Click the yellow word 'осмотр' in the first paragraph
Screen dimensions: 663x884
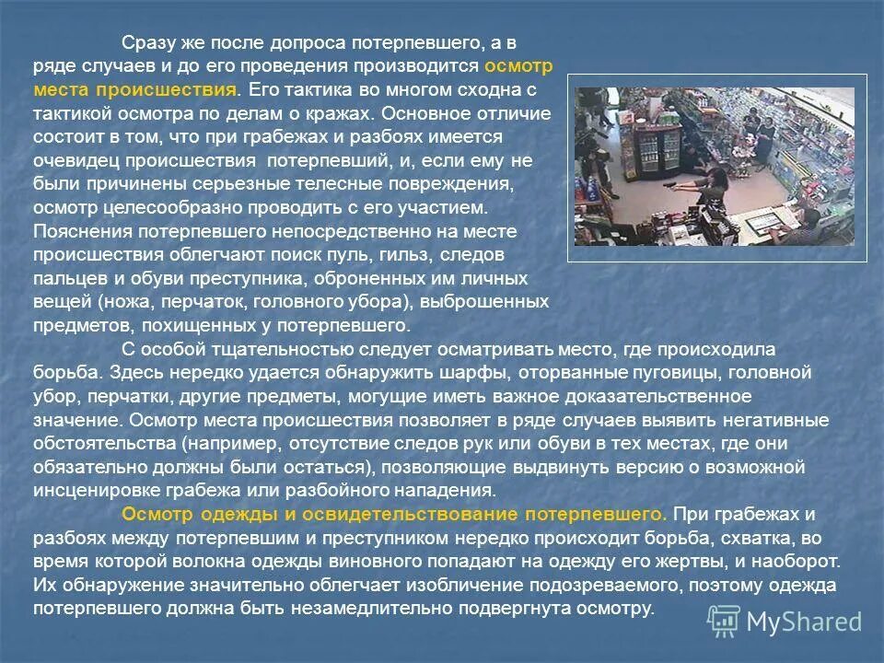pos(518,67)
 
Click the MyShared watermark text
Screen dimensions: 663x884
pos(804,622)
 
